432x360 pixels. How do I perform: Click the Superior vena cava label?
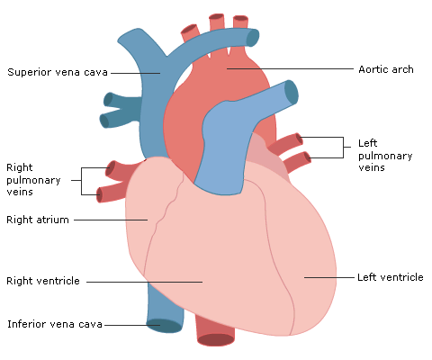point(58,72)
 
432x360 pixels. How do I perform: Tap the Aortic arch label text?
point(386,69)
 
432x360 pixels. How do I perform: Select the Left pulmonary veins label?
point(385,155)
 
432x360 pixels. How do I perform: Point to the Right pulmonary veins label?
point(33,179)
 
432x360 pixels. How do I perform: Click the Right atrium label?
point(38,220)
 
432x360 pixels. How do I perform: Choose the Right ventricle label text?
point(43,281)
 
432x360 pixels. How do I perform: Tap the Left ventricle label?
point(391,277)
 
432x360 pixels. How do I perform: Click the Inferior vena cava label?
point(55,324)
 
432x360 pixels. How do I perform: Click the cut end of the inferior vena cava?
point(164,326)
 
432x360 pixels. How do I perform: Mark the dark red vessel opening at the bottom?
point(216,339)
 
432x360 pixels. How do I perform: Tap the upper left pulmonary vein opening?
point(299,139)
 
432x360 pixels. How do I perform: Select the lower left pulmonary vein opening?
point(307,157)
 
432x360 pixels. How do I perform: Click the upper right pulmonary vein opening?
point(110,168)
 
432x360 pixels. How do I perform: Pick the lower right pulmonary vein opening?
point(99,195)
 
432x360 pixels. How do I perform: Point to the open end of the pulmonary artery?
point(291,93)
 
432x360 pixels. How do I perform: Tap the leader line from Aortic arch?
point(290,68)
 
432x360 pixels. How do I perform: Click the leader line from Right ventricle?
point(144,282)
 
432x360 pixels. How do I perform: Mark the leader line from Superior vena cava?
point(136,73)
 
